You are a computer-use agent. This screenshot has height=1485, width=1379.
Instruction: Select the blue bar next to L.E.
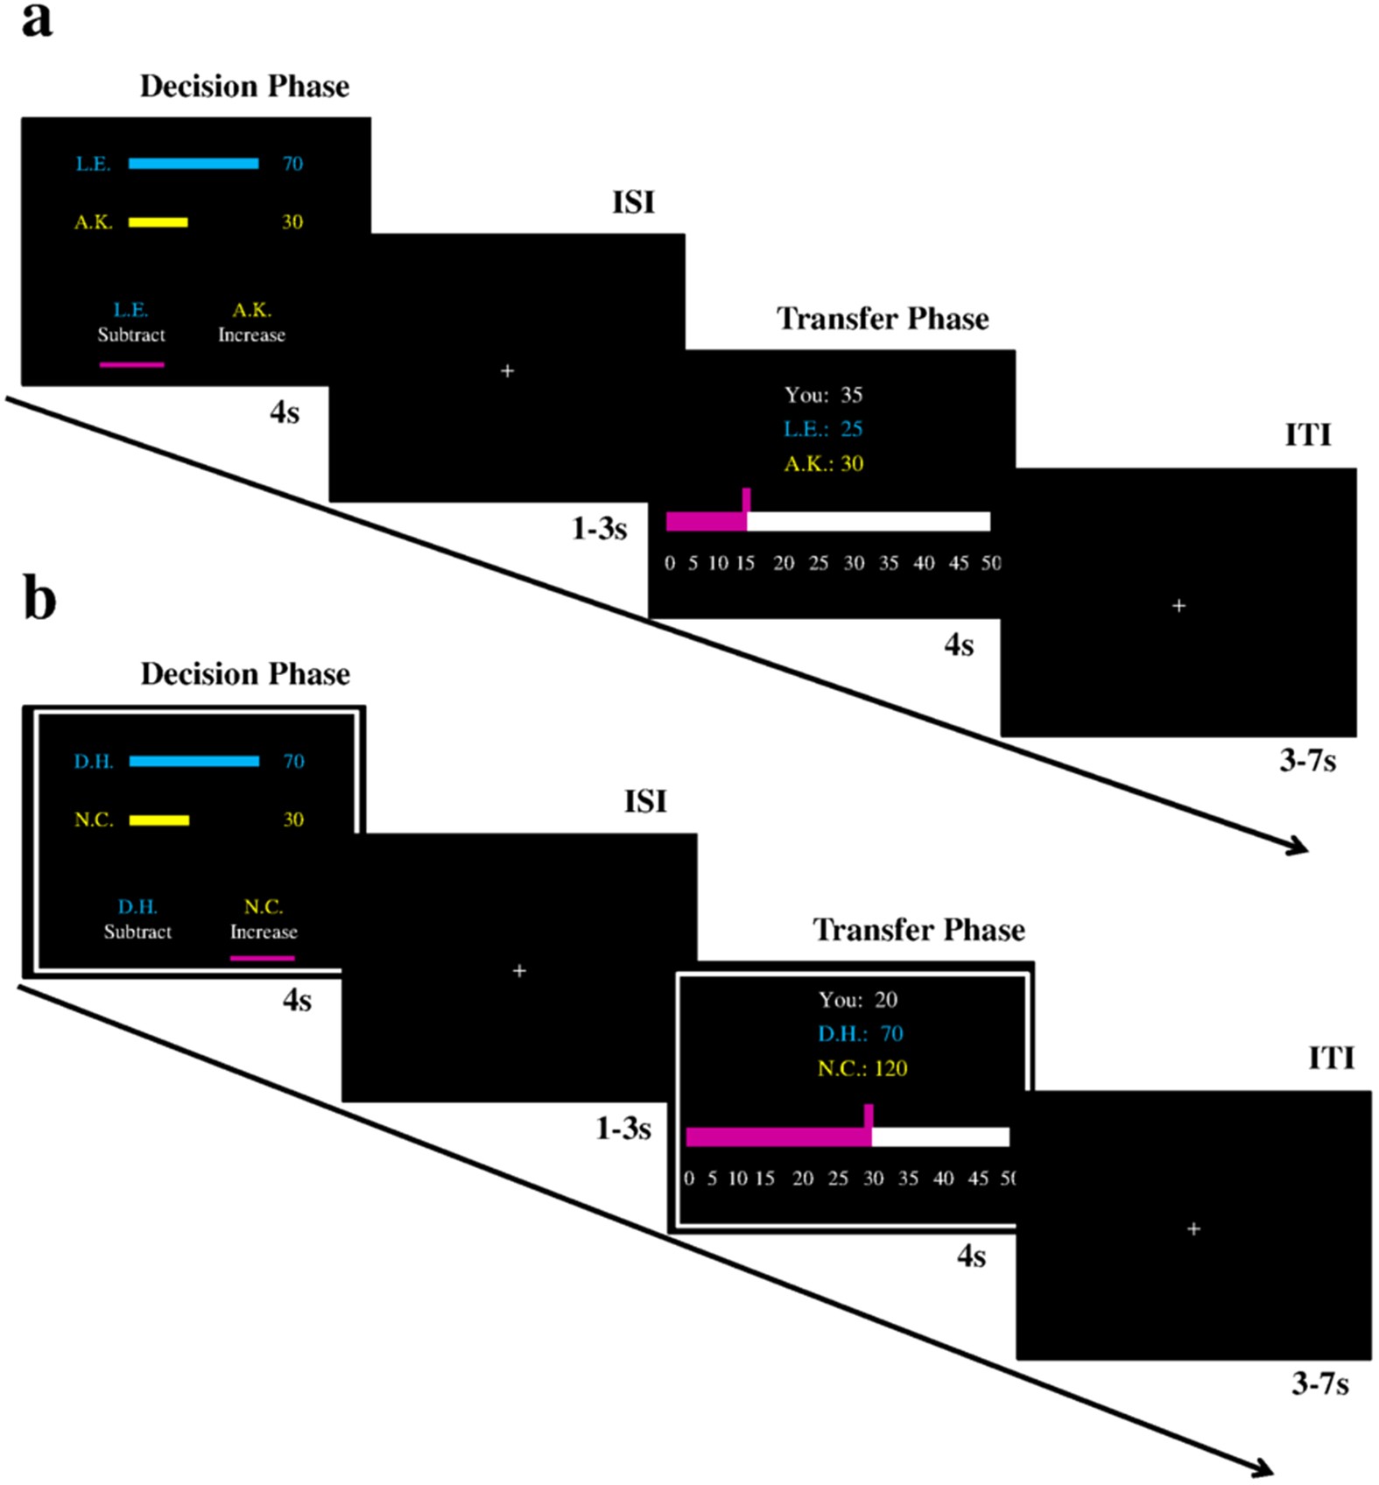pos(193,164)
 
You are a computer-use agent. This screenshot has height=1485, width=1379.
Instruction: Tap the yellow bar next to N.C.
pos(159,820)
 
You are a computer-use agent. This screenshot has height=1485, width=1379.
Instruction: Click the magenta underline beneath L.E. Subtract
pos(131,364)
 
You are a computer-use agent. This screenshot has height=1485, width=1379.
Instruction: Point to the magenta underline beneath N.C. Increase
pos(262,958)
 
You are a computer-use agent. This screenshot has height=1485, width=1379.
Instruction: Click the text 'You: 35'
pos(823,395)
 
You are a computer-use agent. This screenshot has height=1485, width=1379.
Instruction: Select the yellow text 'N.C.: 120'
pos(862,1068)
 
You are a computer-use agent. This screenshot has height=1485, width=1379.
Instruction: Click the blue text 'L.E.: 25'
pos(823,429)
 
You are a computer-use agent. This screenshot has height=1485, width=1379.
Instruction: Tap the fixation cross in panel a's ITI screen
pos(1178,605)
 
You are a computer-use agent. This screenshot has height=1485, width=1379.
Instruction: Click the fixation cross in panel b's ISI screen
pos(519,970)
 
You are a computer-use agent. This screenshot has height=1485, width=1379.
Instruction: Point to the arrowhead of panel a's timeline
pos(1300,847)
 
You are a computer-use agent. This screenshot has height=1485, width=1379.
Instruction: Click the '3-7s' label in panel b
pos(1319,1383)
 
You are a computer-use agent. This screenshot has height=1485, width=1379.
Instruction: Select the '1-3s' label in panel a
pos(599,529)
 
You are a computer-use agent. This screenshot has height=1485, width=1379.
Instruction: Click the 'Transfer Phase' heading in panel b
pos(918,930)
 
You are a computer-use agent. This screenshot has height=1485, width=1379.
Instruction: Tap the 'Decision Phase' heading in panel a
pos(244,87)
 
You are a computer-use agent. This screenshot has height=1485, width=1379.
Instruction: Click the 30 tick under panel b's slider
pos(873,1179)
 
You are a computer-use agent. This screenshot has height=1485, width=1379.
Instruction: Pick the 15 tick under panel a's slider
pos(745,563)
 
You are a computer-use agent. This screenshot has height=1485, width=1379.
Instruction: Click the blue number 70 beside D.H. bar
pos(293,761)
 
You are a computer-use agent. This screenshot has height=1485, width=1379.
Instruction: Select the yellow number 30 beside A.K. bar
pos(292,222)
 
